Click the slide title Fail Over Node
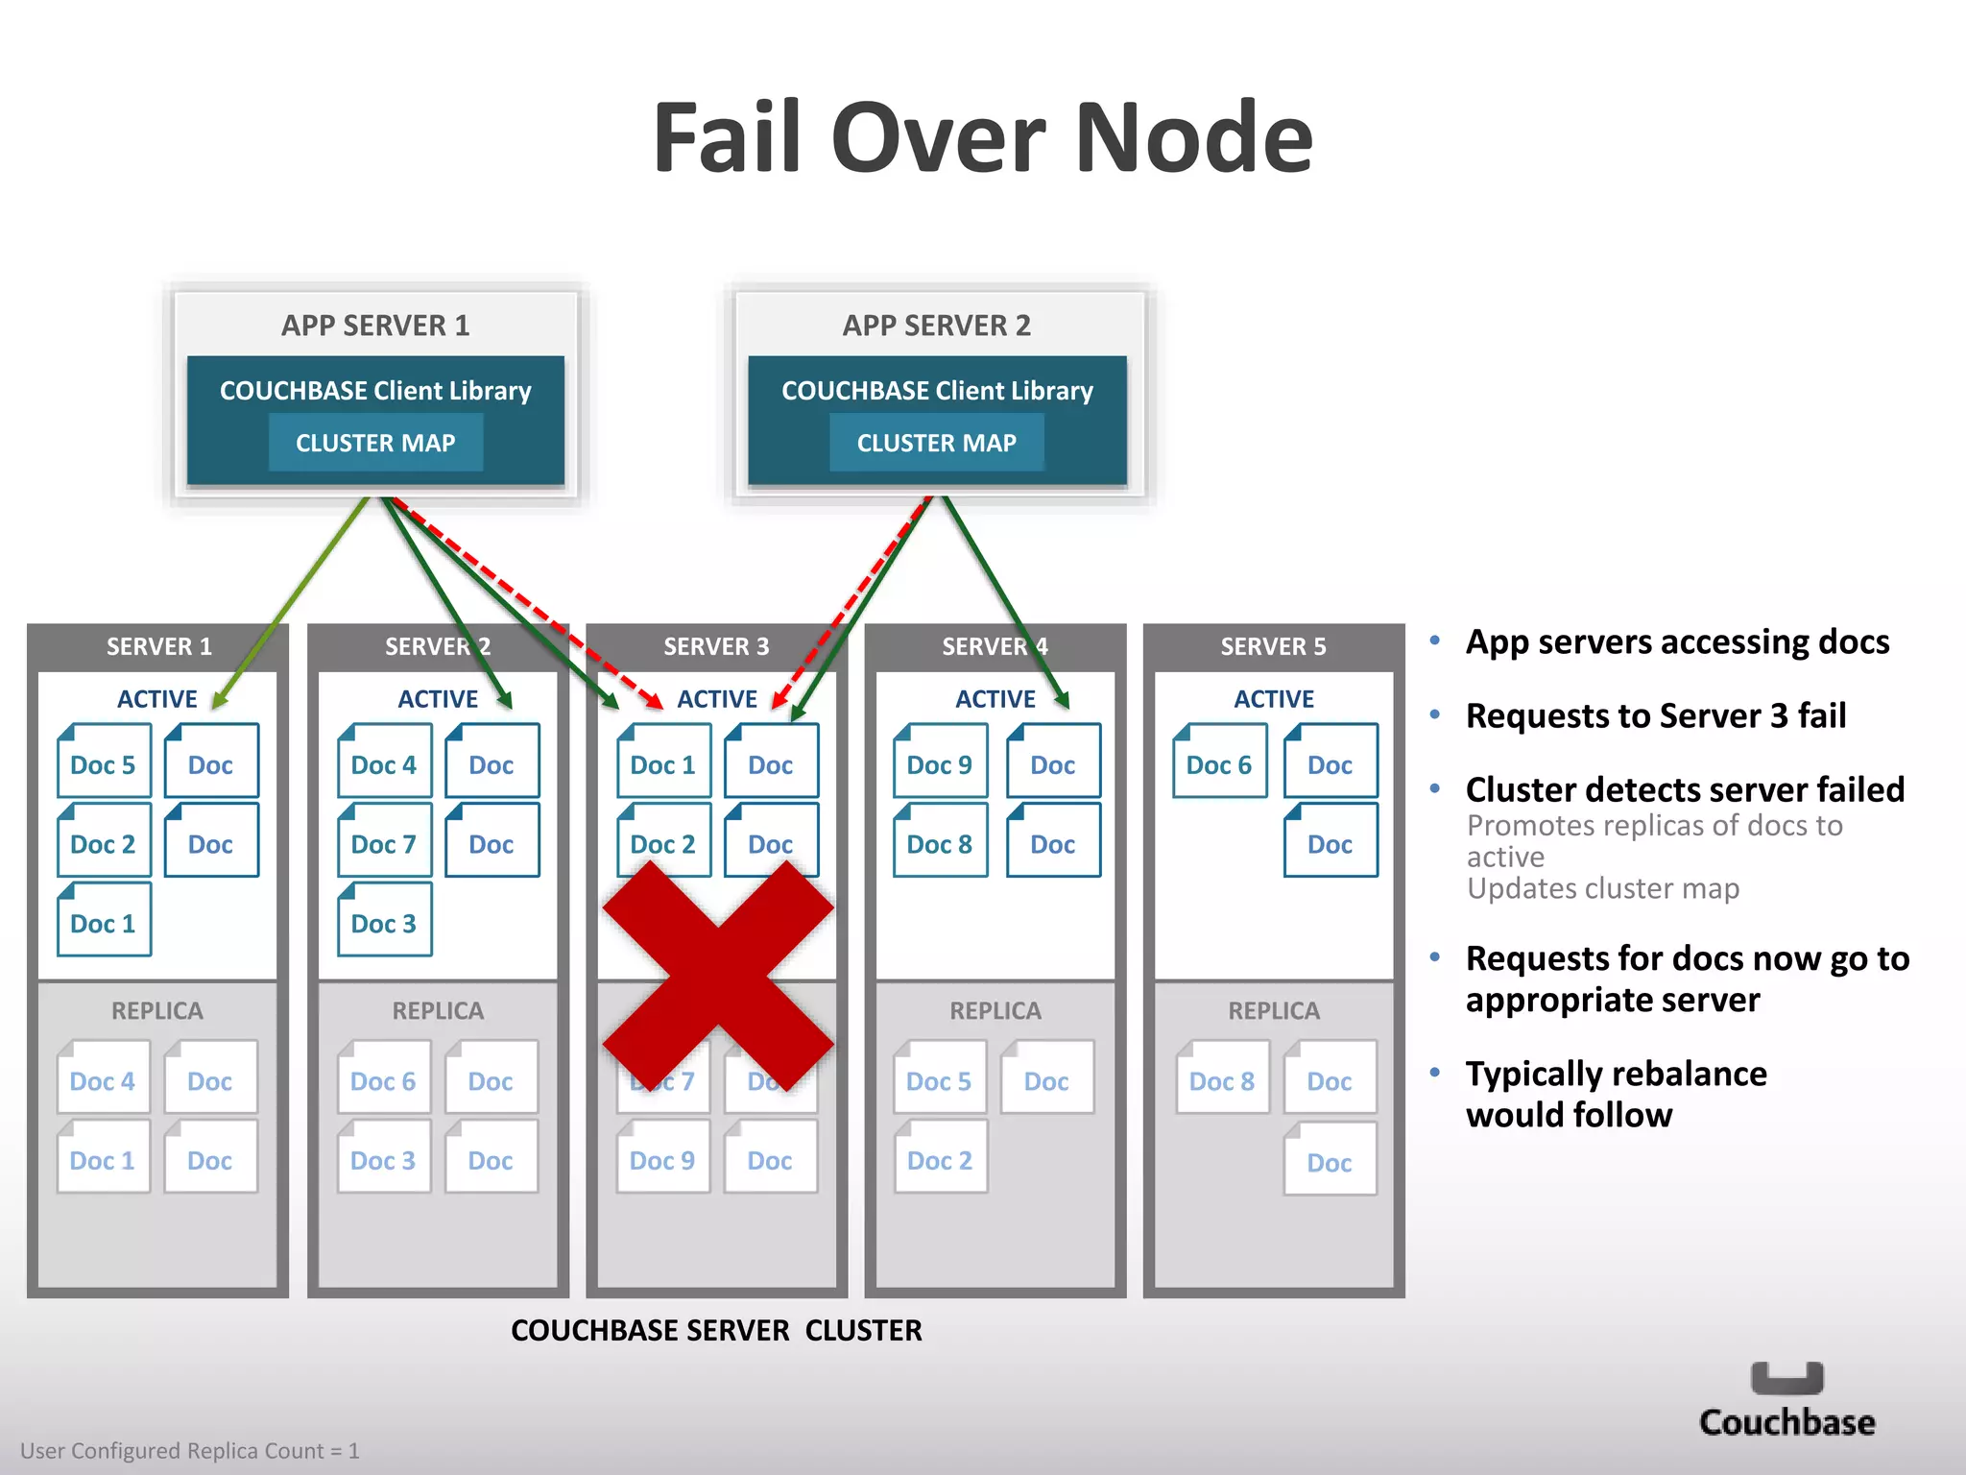[982, 138]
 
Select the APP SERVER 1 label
[375, 326]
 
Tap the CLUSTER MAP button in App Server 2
[936, 443]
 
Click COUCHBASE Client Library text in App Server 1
[375, 391]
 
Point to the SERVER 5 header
[1273, 646]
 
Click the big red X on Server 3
[717, 975]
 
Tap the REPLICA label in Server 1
[157, 1010]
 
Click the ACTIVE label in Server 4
[995, 699]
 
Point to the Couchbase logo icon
[1786, 1378]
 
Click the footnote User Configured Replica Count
[190, 1450]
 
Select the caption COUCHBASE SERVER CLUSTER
[716, 1330]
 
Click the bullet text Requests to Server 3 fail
[1656, 715]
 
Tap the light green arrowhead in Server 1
[220, 700]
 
